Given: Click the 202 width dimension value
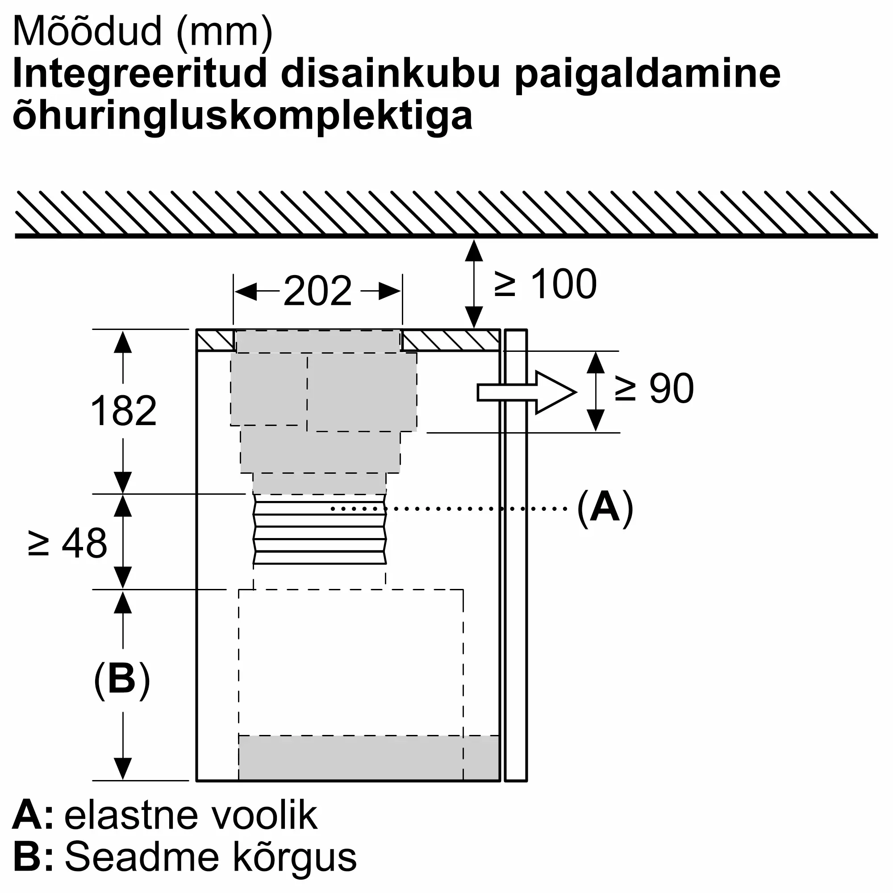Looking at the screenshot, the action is tap(317, 291).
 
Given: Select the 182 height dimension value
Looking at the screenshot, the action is tap(123, 410).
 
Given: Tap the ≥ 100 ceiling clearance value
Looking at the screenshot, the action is tap(546, 284).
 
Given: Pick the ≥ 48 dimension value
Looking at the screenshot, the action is tap(67, 543).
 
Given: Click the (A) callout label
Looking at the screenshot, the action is tap(605, 509).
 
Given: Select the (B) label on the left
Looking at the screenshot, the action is tap(122, 680).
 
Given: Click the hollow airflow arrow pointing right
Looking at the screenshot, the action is tap(527, 392).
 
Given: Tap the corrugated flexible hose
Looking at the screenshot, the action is tap(319, 529).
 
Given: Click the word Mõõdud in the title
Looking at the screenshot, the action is tap(88, 31).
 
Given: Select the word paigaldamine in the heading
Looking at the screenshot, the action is tap(647, 76).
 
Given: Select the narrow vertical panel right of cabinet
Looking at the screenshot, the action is tap(516, 555).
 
